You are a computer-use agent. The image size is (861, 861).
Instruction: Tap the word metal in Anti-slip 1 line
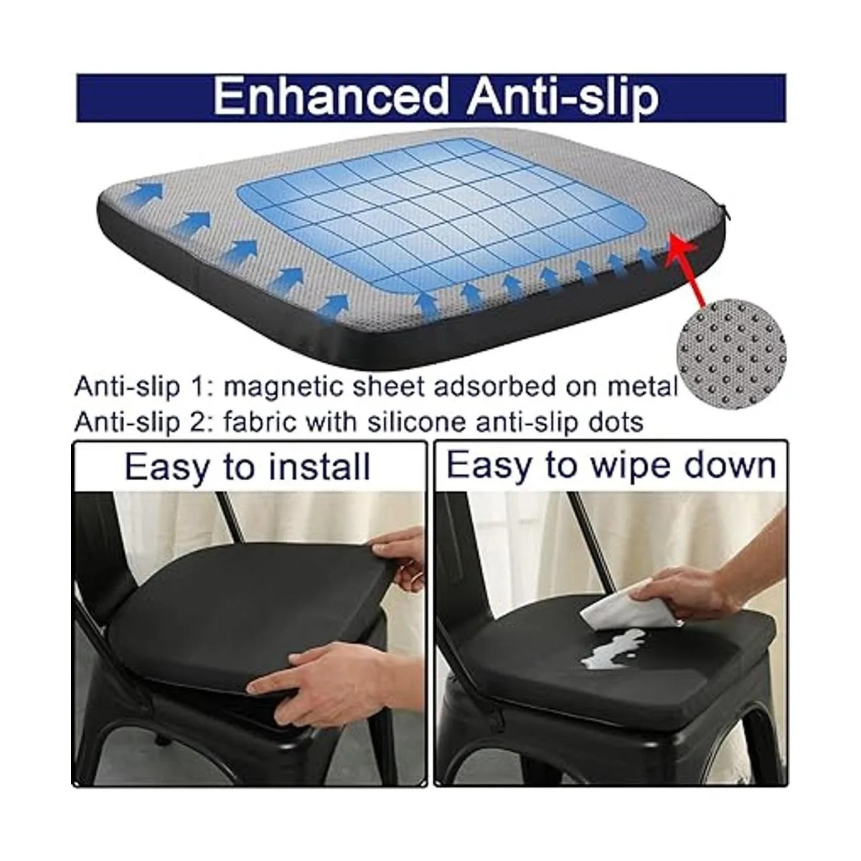tap(643, 387)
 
